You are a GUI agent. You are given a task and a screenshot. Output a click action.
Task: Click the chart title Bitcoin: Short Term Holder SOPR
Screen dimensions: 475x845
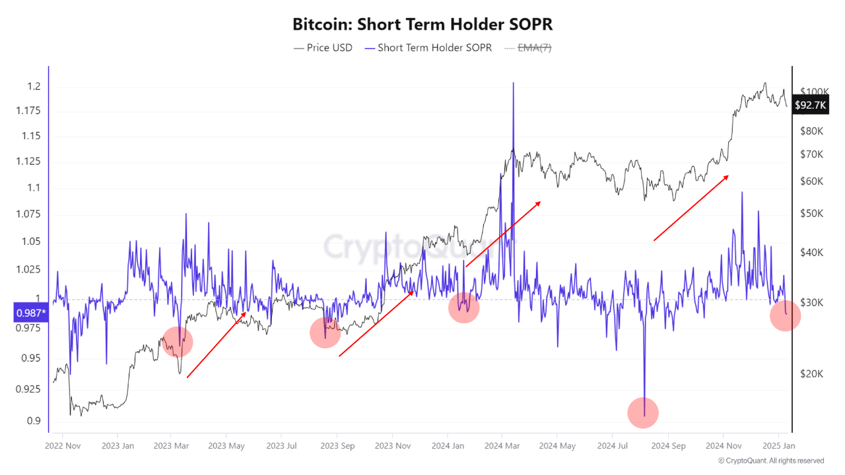point(422,24)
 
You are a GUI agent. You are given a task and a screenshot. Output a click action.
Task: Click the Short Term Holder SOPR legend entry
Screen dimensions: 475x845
point(428,47)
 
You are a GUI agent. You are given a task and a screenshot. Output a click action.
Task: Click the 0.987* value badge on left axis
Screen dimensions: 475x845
point(30,313)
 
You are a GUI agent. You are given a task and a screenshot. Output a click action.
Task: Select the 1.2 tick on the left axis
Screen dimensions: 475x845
point(34,86)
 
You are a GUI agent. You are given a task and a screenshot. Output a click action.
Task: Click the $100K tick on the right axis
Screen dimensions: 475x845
point(813,92)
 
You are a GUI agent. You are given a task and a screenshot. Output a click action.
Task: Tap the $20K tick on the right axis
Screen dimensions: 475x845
point(811,373)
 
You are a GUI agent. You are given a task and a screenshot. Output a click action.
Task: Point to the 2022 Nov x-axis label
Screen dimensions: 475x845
point(63,446)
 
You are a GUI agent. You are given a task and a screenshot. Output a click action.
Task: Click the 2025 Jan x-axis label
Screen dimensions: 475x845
point(778,446)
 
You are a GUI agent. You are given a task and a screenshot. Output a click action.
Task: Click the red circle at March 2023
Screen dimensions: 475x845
point(177,341)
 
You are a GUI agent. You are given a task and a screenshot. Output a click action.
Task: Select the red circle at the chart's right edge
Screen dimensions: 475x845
point(785,317)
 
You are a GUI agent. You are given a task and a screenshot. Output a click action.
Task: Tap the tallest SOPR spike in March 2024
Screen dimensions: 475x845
point(513,84)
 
